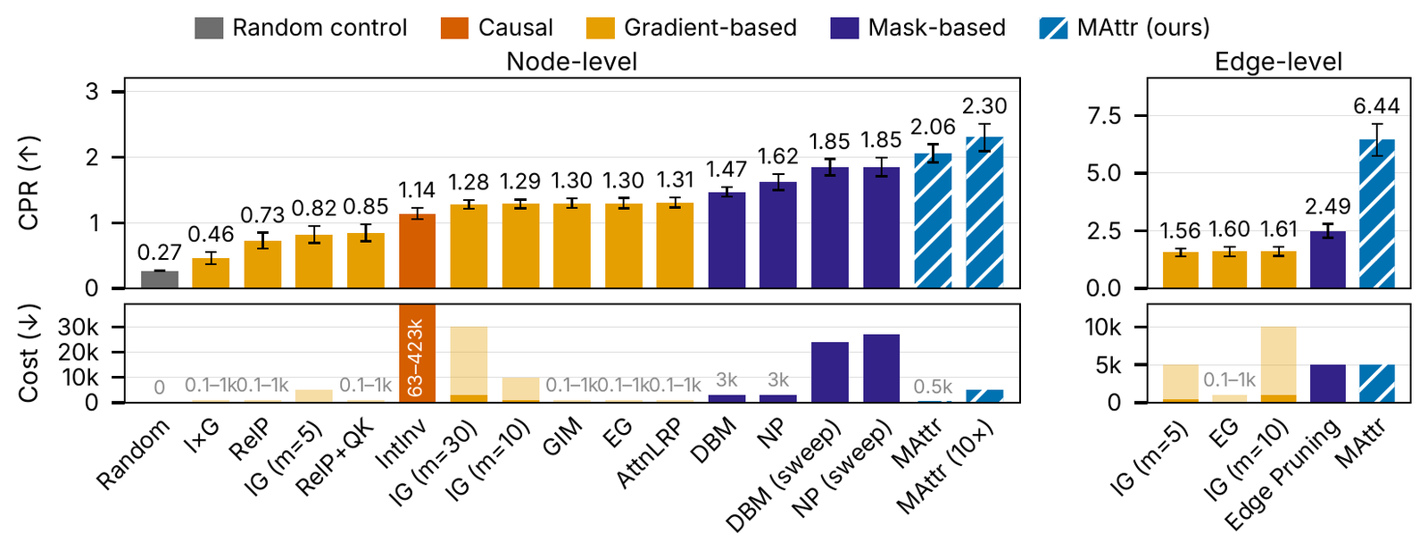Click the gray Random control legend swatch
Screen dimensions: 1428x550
click(x=209, y=28)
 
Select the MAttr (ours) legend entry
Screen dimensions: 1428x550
click(x=1124, y=28)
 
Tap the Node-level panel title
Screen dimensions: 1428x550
click(x=572, y=62)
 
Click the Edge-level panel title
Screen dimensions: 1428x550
click(x=1278, y=62)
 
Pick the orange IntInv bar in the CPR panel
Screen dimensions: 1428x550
click(x=417, y=251)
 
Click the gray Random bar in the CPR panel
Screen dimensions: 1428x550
click(x=160, y=279)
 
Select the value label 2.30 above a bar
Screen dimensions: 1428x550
click(x=985, y=106)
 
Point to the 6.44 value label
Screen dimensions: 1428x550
click(x=1377, y=106)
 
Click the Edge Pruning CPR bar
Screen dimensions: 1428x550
click(x=1328, y=260)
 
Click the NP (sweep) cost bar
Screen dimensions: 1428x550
click(x=882, y=368)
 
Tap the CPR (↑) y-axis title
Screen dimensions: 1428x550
click(x=29, y=183)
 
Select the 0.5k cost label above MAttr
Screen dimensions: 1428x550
click(x=934, y=387)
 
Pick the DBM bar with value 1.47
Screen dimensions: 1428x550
click(x=726, y=240)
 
